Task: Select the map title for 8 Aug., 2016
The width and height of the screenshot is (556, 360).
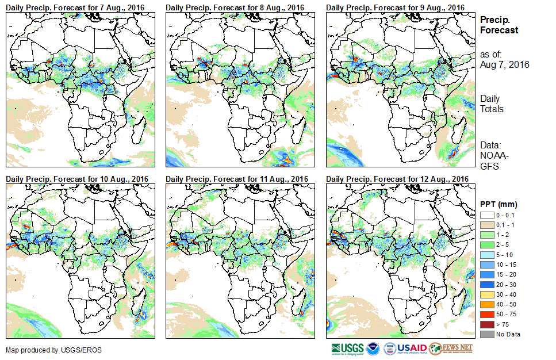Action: pos(235,7)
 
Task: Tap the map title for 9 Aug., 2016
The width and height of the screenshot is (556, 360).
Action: pos(395,7)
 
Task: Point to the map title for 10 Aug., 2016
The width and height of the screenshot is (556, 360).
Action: pos(77,179)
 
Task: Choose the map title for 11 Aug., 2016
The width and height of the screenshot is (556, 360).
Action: pos(237,179)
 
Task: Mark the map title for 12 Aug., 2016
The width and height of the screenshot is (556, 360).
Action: pos(397,179)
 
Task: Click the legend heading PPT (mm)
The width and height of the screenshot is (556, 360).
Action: pos(499,204)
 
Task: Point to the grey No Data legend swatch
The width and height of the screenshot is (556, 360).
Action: pos(486,334)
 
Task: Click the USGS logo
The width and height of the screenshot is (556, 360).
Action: pos(347,348)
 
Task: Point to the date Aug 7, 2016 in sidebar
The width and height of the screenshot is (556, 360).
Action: pos(504,64)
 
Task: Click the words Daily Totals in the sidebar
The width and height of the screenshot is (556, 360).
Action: pos(492,104)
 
